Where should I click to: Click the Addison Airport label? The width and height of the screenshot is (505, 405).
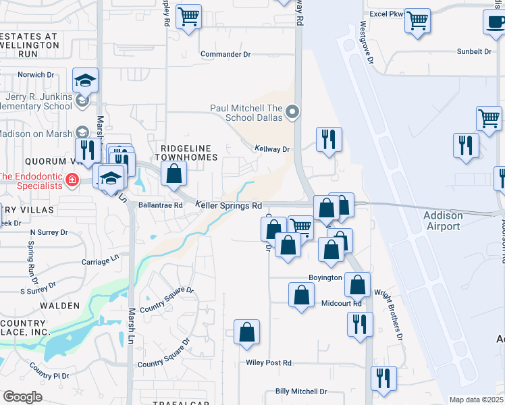click(x=443, y=221)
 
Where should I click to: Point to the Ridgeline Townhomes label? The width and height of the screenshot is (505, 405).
click(x=188, y=153)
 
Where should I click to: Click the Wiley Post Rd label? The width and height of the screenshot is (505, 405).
click(x=269, y=362)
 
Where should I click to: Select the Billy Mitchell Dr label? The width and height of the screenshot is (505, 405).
click(x=301, y=391)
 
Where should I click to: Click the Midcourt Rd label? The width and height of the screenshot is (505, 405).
click(x=342, y=303)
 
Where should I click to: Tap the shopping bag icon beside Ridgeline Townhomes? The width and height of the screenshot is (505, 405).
click(x=174, y=173)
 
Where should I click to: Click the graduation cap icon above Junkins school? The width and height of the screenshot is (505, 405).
click(x=85, y=80)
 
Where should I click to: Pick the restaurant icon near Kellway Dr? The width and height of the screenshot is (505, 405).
click(x=329, y=140)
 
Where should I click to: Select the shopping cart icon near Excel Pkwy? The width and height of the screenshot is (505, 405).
click(x=417, y=20)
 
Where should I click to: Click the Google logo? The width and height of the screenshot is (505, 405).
click(x=22, y=397)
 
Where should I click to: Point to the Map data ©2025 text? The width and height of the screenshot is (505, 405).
click(x=476, y=400)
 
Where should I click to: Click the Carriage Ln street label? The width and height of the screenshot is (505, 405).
click(x=100, y=258)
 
